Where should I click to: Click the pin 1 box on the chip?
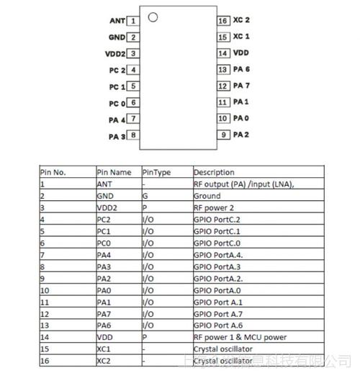pos(135,21)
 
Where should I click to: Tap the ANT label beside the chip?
pos(117,21)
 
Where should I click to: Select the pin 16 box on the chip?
pos(223,21)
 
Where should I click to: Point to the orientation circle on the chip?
pos(153,17)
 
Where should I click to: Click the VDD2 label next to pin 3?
pos(116,53)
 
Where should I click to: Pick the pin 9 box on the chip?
pos(225,135)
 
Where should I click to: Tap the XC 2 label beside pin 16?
pos(242,21)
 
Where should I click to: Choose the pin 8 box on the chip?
pos(134,135)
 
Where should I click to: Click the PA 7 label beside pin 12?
pos(242,86)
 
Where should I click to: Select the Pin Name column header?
pos(114,172)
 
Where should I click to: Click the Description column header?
pos(214,172)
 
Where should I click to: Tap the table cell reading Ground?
pos(207,195)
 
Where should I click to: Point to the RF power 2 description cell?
pos(215,207)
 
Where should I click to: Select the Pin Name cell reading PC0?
pos(104,243)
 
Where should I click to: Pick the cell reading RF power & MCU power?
pos(240,336)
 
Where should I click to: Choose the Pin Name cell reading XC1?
pos(104,348)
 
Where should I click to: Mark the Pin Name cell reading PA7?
pos(104,313)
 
